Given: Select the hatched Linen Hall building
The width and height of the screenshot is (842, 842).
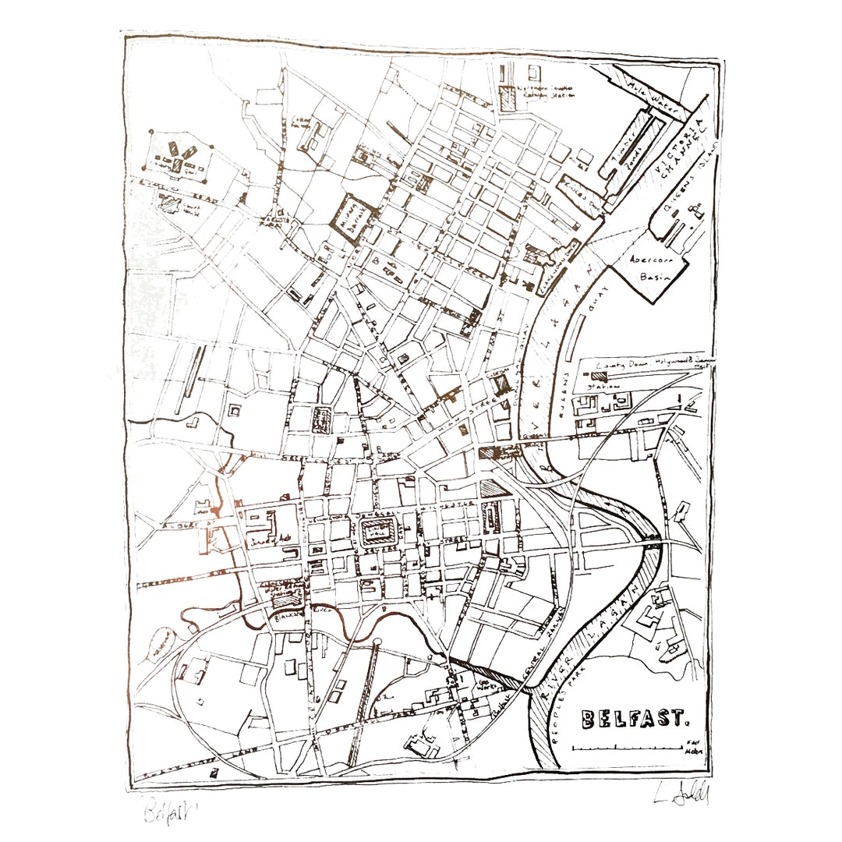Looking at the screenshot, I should coord(380,533).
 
